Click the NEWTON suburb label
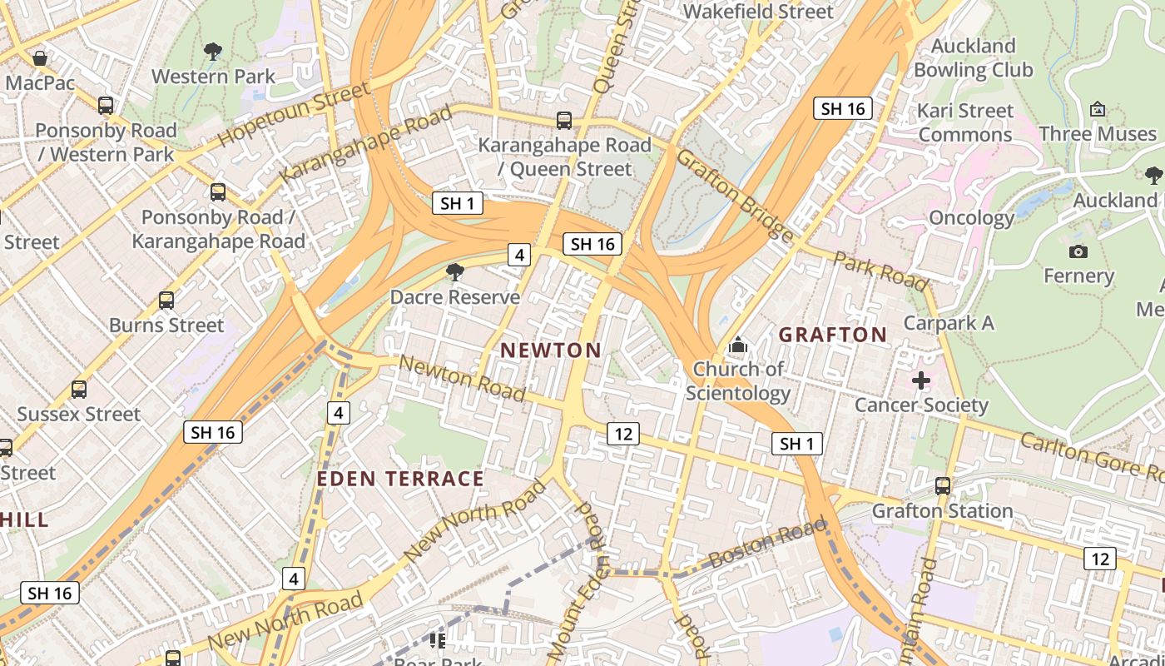(x=552, y=350)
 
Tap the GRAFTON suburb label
(x=832, y=335)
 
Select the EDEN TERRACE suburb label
(x=400, y=479)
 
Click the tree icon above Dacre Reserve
(x=454, y=271)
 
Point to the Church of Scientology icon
(x=737, y=344)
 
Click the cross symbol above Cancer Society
(x=920, y=380)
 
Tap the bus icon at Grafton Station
(x=942, y=485)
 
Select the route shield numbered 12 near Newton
(x=622, y=433)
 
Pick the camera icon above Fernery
(x=1078, y=251)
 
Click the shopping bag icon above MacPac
(x=39, y=58)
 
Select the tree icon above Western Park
(x=213, y=52)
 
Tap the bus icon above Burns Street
(x=166, y=301)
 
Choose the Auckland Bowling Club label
(x=973, y=57)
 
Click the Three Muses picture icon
(x=1097, y=109)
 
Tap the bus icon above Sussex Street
(x=79, y=389)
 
